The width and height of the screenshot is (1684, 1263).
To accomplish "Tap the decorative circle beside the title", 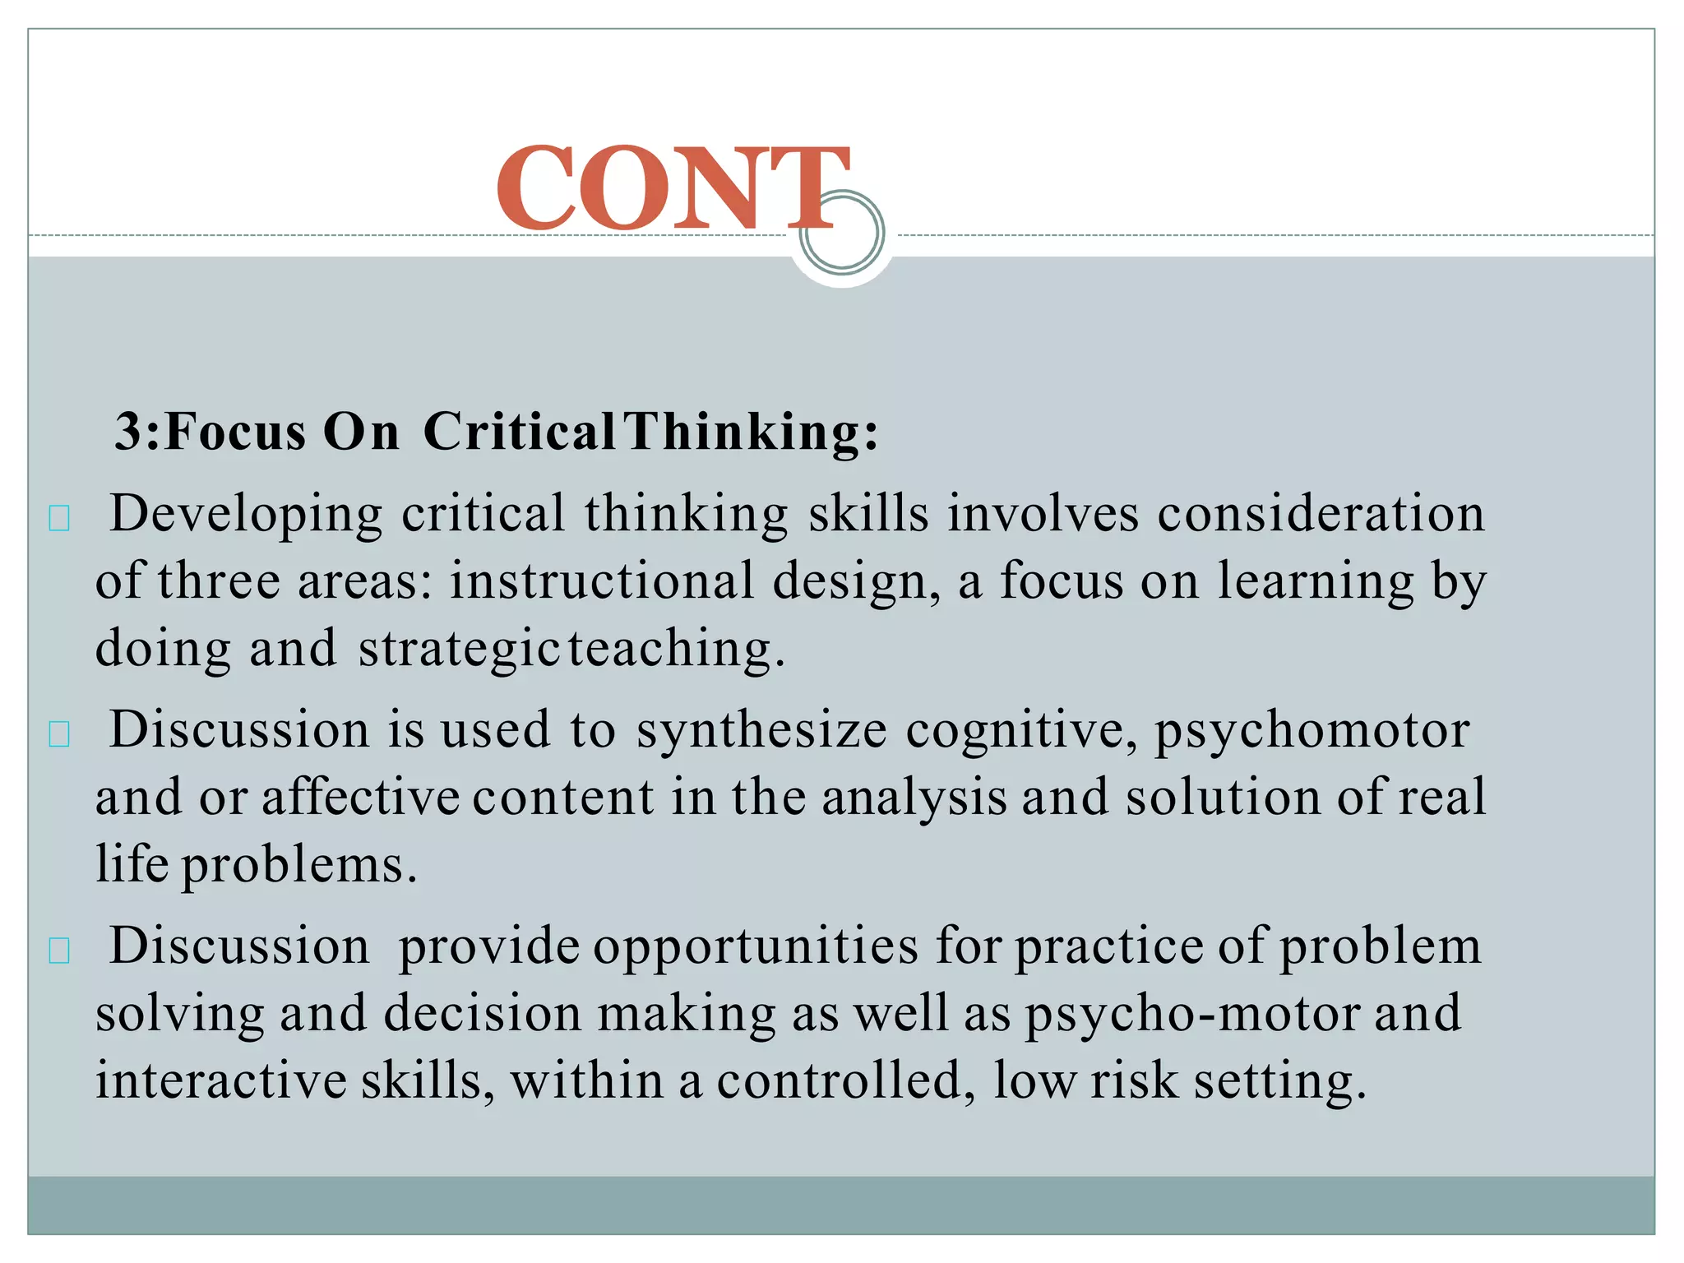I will (x=842, y=233).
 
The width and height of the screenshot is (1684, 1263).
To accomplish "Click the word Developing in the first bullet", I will (x=246, y=515).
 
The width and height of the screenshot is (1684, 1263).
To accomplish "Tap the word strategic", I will (x=459, y=649).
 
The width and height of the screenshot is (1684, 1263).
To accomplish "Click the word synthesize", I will (x=761, y=730).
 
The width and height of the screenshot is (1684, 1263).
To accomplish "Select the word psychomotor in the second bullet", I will (x=1312, y=730).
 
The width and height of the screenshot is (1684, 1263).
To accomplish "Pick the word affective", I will (x=360, y=797).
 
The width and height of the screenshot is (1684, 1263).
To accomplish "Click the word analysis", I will (x=914, y=797).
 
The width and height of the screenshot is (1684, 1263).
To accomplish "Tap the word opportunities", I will (x=755, y=946).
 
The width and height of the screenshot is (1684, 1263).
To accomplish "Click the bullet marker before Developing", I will (x=59, y=519).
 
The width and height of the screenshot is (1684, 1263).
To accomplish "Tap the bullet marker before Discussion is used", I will (x=59, y=734).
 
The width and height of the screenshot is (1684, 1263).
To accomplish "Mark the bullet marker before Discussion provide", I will (x=59, y=951).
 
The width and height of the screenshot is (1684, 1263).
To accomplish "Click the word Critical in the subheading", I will (x=518, y=431).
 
